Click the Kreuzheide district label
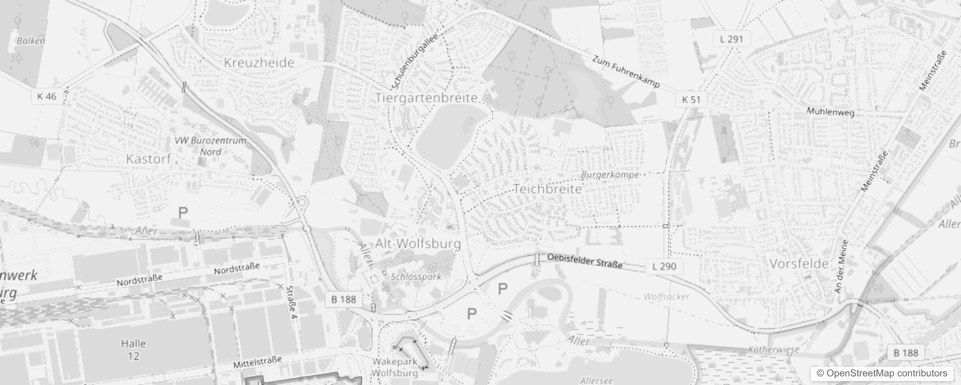(x=259, y=63)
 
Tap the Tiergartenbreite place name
(x=427, y=98)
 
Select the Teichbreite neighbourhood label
(x=548, y=189)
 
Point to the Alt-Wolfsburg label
(x=418, y=244)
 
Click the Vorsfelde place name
(x=799, y=264)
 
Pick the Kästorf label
(x=148, y=159)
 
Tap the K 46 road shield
(x=47, y=96)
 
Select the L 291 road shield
(x=732, y=39)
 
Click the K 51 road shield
(x=691, y=100)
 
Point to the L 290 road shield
(x=664, y=266)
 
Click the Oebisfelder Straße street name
(x=584, y=261)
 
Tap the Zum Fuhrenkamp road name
(x=625, y=72)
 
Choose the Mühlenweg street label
(x=831, y=112)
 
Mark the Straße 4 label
(x=291, y=303)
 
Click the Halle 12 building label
(x=133, y=350)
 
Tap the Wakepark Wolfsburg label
(x=395, y=367)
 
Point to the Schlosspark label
(x=416, y=277)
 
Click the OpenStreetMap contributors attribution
(x=881, y=373)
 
